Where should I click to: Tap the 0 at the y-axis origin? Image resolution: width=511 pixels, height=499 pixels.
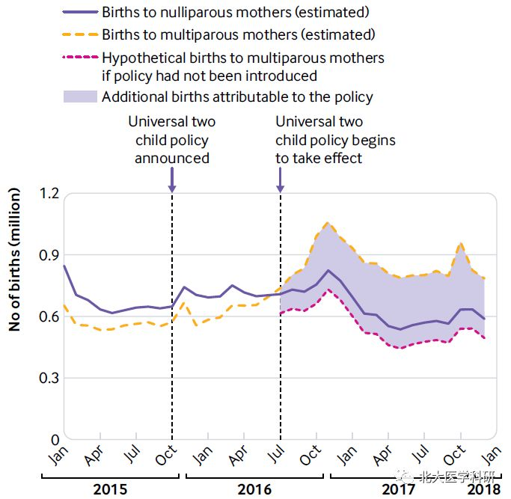tap(53, 439)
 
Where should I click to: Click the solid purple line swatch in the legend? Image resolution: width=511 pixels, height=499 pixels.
tap(80, 13)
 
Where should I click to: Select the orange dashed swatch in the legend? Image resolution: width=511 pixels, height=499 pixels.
tap(80, 34)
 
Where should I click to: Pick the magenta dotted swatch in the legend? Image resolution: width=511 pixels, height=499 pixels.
tap(80, 58)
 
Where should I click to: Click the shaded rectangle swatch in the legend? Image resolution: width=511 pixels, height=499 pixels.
tap(80, 97)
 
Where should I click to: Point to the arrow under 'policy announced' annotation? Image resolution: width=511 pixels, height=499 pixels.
tap(172, 180)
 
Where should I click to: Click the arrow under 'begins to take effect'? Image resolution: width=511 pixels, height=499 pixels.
tap(281, 180)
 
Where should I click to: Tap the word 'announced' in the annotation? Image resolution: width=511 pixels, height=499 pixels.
tap(172, 158)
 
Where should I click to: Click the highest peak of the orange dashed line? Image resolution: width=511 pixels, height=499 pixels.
tap(327, 223)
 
